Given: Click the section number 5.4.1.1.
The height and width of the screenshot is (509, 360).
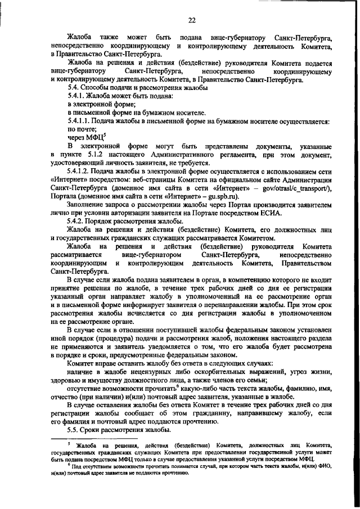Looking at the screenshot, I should (80, 121).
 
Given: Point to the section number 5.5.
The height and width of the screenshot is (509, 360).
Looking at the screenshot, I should (73, 430).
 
